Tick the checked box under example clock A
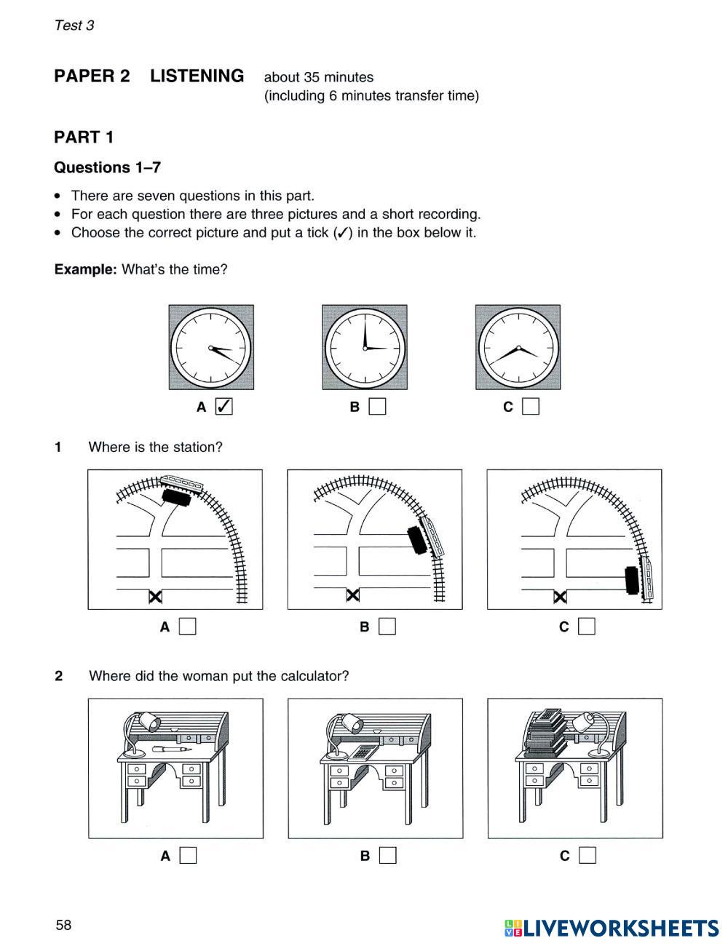pyautogui.click(x=224, y=407)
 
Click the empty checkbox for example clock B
pyautogui.click(x=377, y=407)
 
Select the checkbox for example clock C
pyautogui.click(x=531, y=407)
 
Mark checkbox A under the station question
pyautogui.click(x=188, y=626)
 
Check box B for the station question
pyautogui.click(x=387, y=626)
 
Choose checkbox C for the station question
pyautogui.click(x=587, y=626)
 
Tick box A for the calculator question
pyautogui.click(x=188, y=855)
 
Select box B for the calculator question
pyautogui.click(x=388, y=855)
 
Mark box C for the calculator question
pyautogui.click(x=587, y=855)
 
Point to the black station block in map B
pyautogui.click(x=417, y=539)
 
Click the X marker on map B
pyautogui.click(x=353, y=596)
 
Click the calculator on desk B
pyautogui.click(x=362, y=752)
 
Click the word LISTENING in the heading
pyautogui.click(x=197, y=76)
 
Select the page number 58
pyautogui.click(x=64, y=925)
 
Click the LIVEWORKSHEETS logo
pyautogui.click(x=612, y=928)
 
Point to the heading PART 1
pyautogui.click(x=84, y=138)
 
